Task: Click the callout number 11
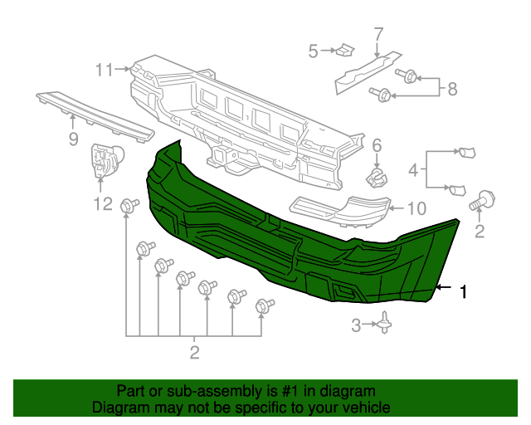[102, 71]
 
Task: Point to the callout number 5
[314, 51]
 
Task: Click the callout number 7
[378, 34]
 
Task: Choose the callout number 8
[452, 89]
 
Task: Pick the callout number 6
[376, 146]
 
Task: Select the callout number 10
[417, 208]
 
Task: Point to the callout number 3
[356, 326]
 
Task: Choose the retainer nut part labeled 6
[378, 176]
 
